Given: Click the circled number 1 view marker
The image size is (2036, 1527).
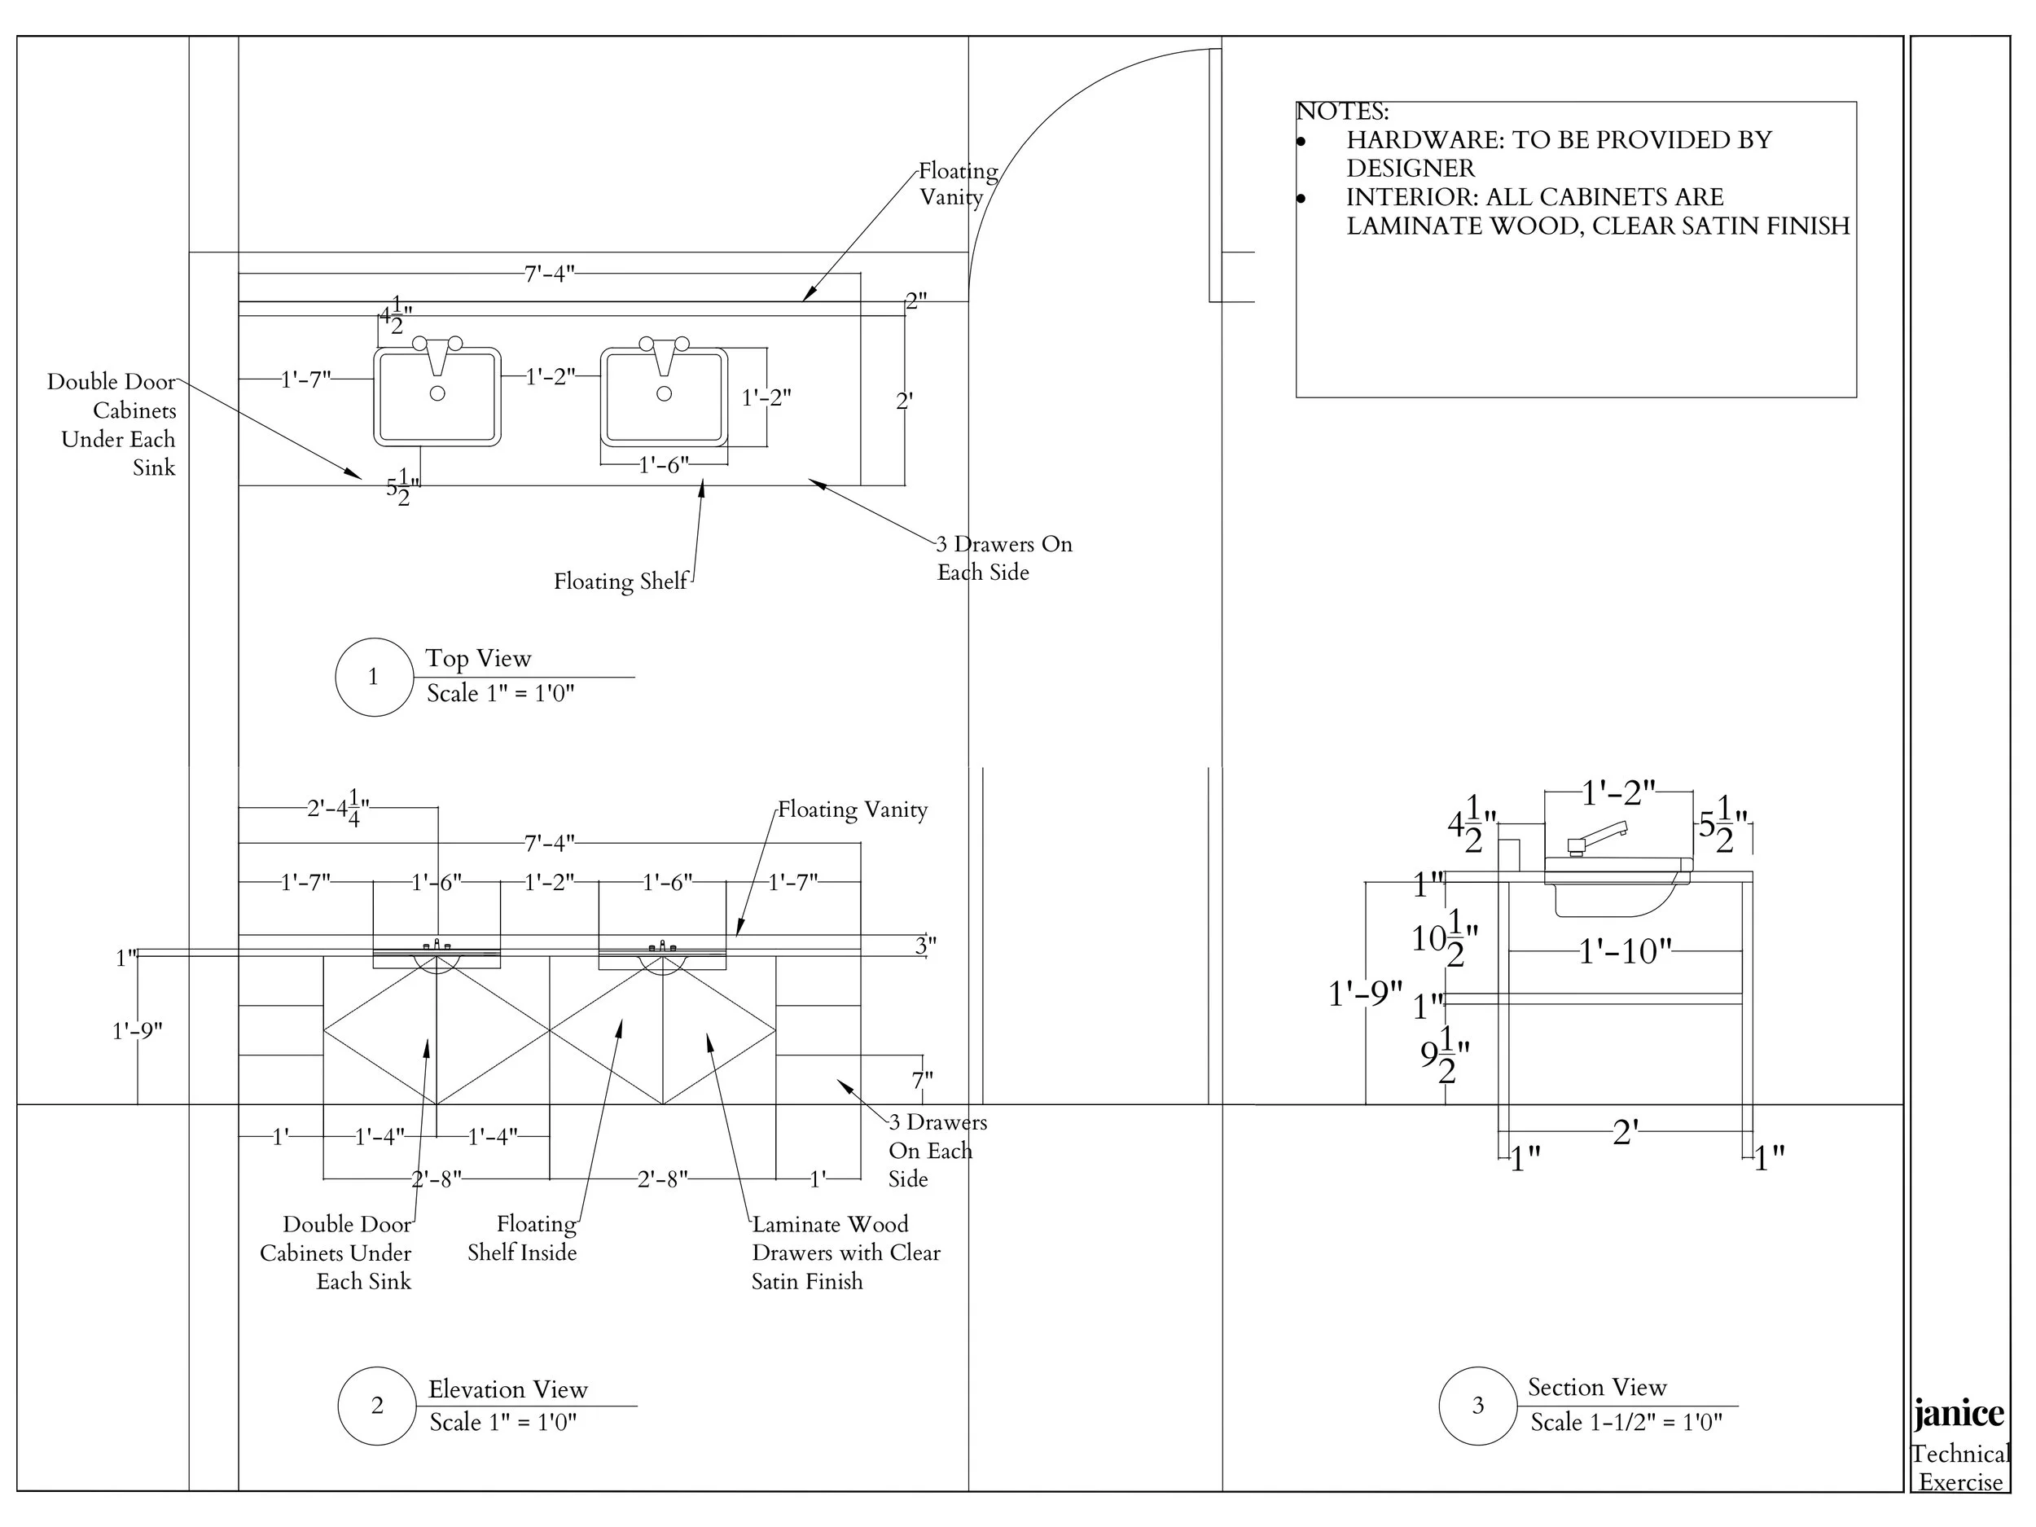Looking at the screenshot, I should (374, 678).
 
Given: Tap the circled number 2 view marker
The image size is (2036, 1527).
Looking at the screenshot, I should (376, 1406).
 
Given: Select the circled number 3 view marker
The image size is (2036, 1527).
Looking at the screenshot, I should (1477, 1406).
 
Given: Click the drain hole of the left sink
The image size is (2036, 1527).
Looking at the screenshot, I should (437, 393).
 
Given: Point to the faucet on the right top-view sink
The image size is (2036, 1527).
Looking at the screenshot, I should (664, 354).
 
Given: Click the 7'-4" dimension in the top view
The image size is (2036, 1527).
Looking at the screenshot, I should (550, 274).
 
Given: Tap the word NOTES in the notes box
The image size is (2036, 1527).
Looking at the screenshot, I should (1342, 112).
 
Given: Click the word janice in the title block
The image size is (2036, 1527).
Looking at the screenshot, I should (1959, 1414).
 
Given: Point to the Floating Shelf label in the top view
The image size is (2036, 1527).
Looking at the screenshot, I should (620, 581).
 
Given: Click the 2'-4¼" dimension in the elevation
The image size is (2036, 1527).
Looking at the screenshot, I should (339, 808).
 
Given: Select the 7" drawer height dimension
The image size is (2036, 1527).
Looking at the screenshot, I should (922, 1079).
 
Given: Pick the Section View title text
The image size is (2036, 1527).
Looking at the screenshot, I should (1597, 1387).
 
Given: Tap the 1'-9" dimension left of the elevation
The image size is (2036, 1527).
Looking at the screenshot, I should (137, 1031).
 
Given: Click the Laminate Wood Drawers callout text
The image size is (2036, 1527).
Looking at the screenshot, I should (845, 1253).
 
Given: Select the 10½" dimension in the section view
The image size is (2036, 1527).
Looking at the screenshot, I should (1445, 938).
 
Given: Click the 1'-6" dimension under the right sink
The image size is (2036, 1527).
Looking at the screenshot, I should (664, 465).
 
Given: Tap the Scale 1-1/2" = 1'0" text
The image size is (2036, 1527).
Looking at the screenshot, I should (1626, 1423).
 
